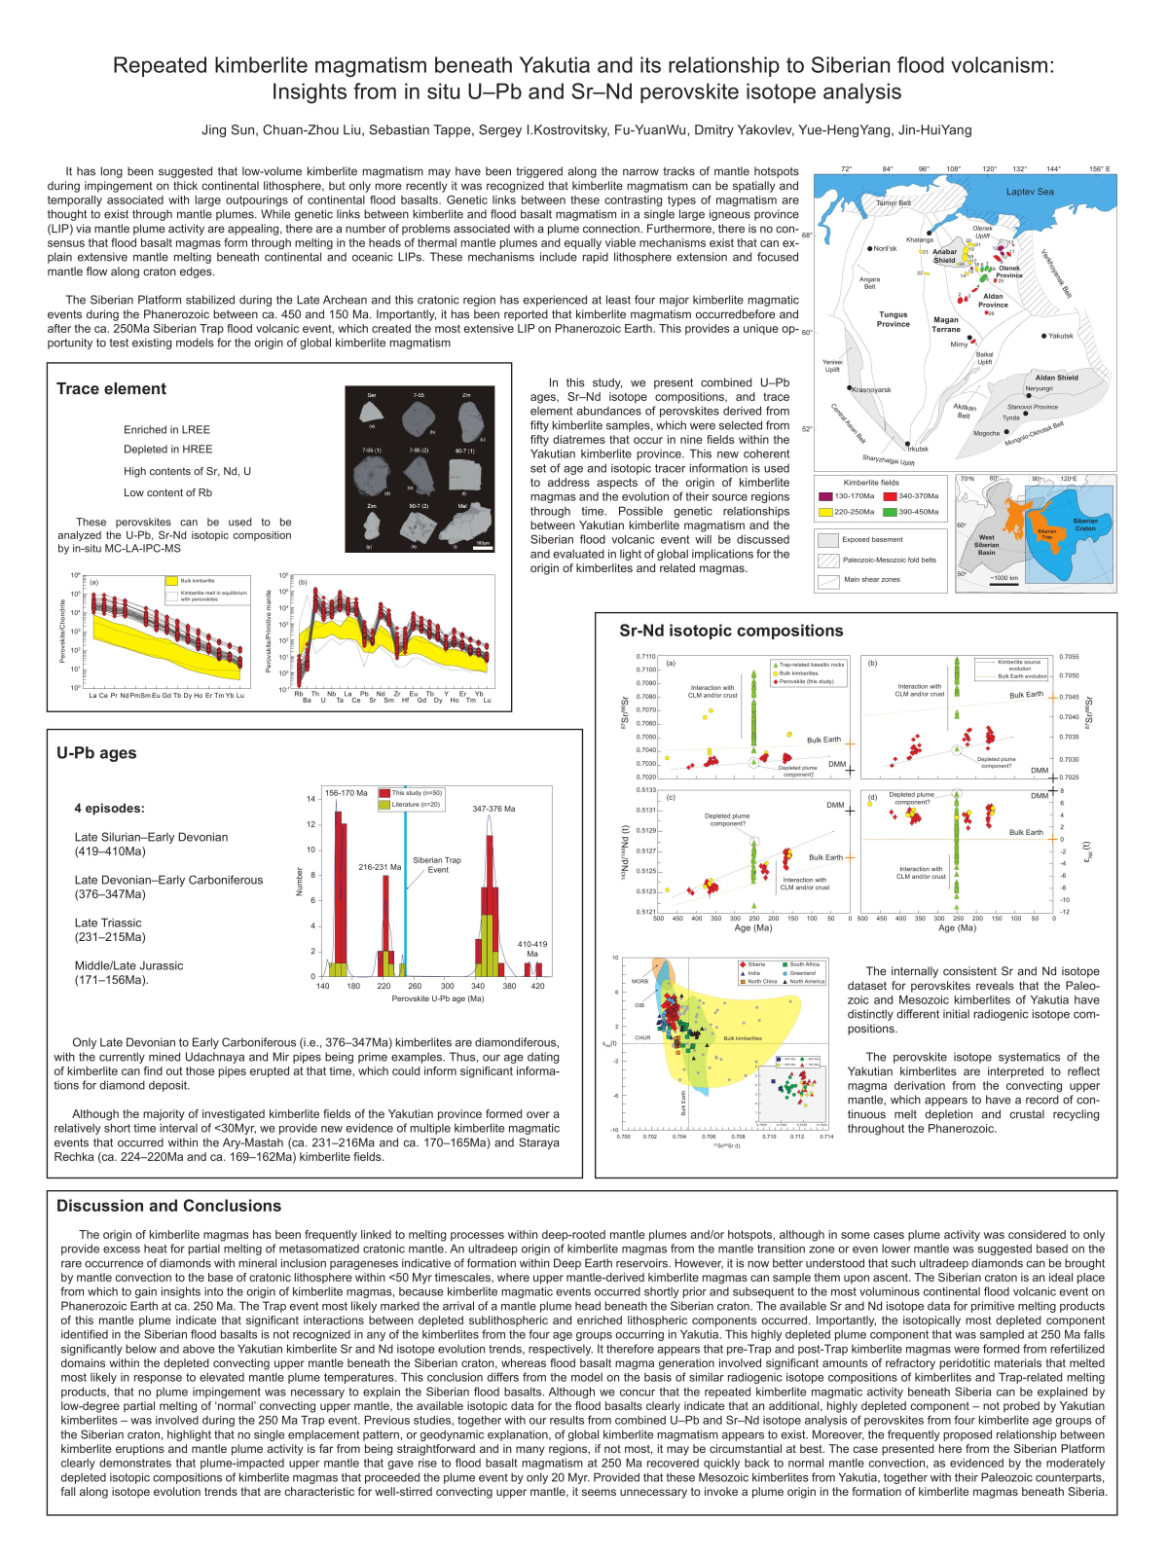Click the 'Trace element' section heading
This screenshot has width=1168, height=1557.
click(x=111, y=389)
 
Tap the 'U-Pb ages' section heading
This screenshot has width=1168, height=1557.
click(x=96, y=753)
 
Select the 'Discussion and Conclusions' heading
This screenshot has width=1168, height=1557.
click(x=168, y=1206)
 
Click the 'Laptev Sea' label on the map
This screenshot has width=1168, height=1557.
click(x=1030, y=192)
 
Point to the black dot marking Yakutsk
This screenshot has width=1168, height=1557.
click(x=1043, y=336)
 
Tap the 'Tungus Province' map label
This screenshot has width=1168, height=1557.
click(x=894, y=319)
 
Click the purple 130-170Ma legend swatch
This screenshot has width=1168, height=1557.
click(x=826, y=496)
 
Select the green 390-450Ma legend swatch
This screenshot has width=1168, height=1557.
click(x=891, y=512)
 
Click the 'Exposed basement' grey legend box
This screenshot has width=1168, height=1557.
click(x=828, y=540)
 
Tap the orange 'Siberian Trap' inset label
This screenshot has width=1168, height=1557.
click(x=1046, y=533)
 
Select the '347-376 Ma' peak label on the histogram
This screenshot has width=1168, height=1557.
click(x=493, y=809)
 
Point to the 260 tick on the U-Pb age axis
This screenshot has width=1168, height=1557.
click(x=415, y=986)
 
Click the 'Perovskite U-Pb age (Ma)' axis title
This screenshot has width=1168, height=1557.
click(x=437, y=998)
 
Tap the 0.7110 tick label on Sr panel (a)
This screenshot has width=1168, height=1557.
click(x=646, y=657)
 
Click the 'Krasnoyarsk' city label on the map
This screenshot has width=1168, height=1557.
click(x=871, y=390)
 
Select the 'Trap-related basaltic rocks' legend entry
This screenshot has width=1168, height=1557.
click(x=811, y=665)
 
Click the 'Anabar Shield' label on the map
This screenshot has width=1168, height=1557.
click(x=944, y=256)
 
